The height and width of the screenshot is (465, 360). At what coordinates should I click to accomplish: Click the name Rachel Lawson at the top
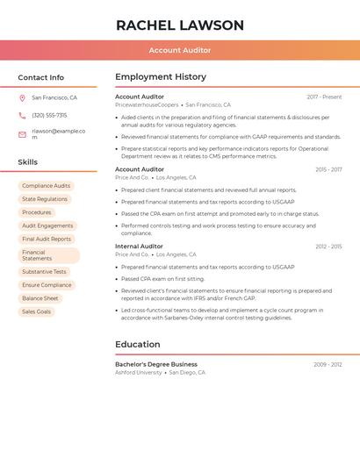[180, 25]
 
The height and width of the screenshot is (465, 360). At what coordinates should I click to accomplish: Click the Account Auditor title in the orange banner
[180, 50]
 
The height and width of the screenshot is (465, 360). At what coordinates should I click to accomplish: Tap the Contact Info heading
[41, 77]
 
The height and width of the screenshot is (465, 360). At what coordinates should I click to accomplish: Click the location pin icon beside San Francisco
[22, 98]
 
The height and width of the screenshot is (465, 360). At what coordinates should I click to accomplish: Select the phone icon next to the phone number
[22, 115]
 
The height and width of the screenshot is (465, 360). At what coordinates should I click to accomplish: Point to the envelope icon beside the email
[22, 134]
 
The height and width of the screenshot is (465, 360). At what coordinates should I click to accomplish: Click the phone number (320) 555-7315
[49, 115]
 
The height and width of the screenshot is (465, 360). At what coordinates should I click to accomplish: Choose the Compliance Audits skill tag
[46, 186]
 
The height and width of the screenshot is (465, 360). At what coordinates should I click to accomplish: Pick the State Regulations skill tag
[45, 199]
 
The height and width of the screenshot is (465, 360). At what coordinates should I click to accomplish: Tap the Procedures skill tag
[37, 212]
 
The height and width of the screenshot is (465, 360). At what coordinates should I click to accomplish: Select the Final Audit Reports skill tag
[47, 239]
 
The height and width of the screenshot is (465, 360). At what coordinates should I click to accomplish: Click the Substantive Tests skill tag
[44, 272]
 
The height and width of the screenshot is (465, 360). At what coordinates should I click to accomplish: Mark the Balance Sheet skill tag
[40, 298]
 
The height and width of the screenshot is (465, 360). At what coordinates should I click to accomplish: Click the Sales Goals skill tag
[36, 311]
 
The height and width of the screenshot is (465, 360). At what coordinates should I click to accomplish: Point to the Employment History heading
[161, 77]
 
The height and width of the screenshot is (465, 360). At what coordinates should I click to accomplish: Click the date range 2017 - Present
[324, 97]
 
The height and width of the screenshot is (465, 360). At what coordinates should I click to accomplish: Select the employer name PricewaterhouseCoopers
[147, 104]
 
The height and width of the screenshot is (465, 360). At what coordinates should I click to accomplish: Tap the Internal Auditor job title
[139, 247]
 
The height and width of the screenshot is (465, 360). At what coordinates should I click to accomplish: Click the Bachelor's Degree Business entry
[156, 364]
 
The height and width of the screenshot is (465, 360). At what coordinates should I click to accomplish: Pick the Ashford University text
[139, 372]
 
